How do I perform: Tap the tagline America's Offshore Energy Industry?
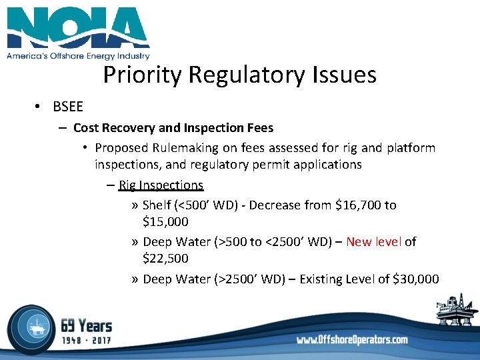tap(78, 57)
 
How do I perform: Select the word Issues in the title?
tap(343, 75)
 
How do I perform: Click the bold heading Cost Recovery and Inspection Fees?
tap(173, 127)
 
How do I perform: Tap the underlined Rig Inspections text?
tap(161, 185)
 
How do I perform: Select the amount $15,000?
tap(165, 221)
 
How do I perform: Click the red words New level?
tap(373, 241)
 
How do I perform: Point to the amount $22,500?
tap(165, 258)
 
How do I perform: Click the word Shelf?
tap(157, 205)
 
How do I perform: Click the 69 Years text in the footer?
tap(86, 325)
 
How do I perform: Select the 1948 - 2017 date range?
tap(86, 340)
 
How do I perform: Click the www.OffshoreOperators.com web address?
tap(352, 339)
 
